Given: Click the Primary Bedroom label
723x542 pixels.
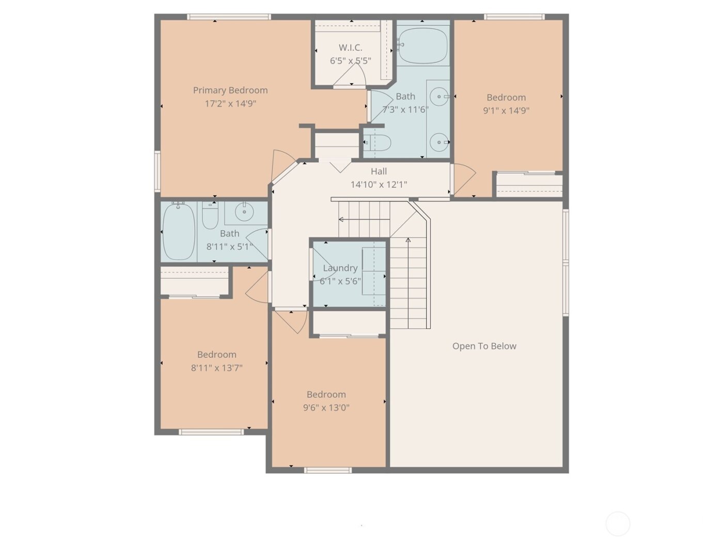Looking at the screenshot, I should pyautogui.click(x=230, y=90).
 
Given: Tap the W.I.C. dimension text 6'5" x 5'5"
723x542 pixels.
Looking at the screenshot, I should pyautogui.click(x=351, y=61).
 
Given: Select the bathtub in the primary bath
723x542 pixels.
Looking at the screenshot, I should pyautogui.click(x=422, y=45).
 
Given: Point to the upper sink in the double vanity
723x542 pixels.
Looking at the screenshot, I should pyautogui.click(x=439, y=97).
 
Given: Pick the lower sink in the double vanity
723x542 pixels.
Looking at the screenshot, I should pyautogui.click(x=439, y=142).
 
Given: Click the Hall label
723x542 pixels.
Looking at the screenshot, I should pyautogui.click(x=379, y=171).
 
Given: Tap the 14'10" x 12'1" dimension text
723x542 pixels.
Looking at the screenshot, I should pyautogui.click(x=379, y=184).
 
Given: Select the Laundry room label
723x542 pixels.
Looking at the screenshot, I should pyautogui.click(x=340, y=268).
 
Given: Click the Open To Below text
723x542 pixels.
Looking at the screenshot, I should pyautogui.click(x=484, y=346).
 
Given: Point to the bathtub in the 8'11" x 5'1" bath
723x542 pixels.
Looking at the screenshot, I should pyautogui.click(x=179, y=231).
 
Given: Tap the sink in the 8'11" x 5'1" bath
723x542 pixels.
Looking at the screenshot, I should pyautogui.click(x=243, y=211).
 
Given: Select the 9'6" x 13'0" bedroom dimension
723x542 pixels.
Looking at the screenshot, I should pyautogui.click(x=326, y=407).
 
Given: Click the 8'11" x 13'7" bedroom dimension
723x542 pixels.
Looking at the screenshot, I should pyautogui.click(x=216, y=368).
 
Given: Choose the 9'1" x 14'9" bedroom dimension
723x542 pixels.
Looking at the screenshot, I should pyautogui.click(x=506, y=110).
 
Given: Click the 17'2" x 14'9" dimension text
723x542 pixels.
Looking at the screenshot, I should pyautogui.click(x=230, y=103).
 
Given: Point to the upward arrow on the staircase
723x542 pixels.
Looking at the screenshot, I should pyautogui.click(x=408, y=241).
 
